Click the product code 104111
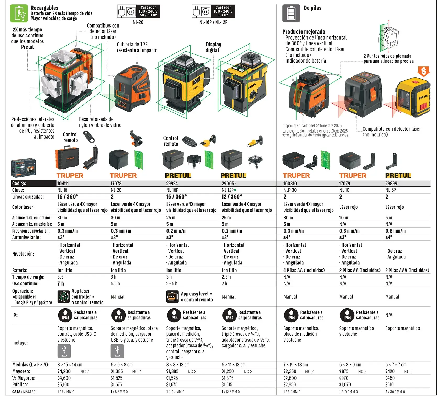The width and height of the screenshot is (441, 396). tap(63, 184)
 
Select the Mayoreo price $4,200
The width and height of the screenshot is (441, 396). tap(64, 371)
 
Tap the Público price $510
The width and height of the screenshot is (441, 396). tap(389, 384)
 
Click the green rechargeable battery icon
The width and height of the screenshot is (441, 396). tap(19, 13)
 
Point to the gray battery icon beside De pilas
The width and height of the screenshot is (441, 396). tap(291, 13)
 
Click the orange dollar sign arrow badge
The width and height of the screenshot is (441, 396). tap(424, 71)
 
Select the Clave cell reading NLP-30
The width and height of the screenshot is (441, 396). tap(290, 190)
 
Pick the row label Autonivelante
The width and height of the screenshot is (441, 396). tap(26, 238)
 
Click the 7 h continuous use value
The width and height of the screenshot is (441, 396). tap(61, 284)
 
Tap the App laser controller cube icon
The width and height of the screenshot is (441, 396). tap(64, 297)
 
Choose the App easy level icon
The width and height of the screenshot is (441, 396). tap(172, 297)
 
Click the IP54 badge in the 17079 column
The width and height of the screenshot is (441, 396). tap(347, 315)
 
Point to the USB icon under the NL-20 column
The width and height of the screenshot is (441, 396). tap(117, 351)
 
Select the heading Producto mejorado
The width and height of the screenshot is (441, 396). tap(304, 32)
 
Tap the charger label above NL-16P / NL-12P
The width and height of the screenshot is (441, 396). tap(213, 11)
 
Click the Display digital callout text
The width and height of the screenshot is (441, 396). tap(213, 47)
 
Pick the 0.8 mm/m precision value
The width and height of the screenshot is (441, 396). tap(395, 231)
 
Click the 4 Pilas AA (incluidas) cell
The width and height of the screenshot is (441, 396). tap(304, 270)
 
